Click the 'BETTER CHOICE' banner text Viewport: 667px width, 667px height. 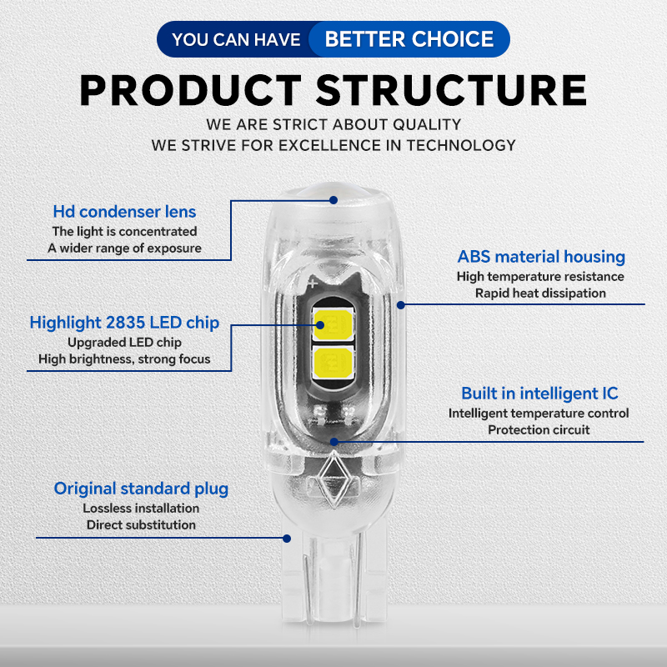tap(409, 38)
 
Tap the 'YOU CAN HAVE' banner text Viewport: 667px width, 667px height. tap(236, 39)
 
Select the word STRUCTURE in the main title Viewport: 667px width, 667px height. tap(451, 90)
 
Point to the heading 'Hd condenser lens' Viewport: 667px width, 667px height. tap(124, 212)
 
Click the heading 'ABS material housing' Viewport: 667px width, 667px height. tap(541, 257)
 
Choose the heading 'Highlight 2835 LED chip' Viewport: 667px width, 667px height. tap(124, 323)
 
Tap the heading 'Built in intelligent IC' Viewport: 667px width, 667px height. tap(539, 393)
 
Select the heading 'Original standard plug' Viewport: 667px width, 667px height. tap(141, 489)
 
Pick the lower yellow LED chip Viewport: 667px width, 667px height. tap(331, 361)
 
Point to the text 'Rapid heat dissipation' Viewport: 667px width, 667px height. tap(540, 293)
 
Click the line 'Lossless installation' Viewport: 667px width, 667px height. tap(141, 508)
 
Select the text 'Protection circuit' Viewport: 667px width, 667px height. tap(539, 430)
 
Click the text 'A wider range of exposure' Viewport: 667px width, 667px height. tap(124, 248)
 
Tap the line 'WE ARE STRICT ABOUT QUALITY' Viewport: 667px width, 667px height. tap(333, 125)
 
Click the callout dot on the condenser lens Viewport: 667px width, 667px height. tap(333, 201)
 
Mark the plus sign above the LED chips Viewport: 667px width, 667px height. tap(310, 285)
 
